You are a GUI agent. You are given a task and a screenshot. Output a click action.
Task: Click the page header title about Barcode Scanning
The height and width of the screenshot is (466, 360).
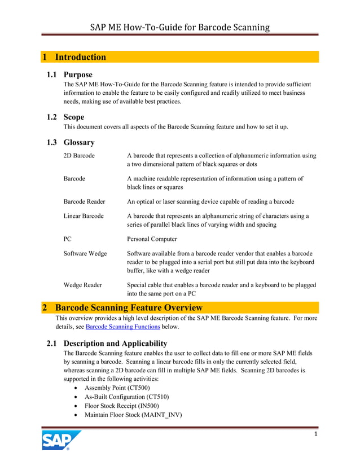pyautogui.click(x=180, y=27)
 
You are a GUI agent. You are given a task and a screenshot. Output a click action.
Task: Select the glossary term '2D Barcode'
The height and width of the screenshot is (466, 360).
pyautogui.click(x=79, y=155)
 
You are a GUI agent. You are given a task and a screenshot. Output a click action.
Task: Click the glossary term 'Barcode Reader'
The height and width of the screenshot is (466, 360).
pyautogui.click(x=84, y=201)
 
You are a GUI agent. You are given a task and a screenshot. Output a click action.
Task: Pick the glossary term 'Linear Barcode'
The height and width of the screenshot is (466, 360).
pyautogui.click(x=84, y=216)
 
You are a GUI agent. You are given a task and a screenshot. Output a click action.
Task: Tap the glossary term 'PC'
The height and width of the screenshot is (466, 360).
pyautogui.click(x=68, y=239)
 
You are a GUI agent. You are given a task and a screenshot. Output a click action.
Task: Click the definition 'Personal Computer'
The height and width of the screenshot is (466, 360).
pyautogui.click(x=152, y=239)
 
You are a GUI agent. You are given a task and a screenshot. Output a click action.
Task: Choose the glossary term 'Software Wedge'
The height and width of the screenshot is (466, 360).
pyautogui.click(x=85, y=253)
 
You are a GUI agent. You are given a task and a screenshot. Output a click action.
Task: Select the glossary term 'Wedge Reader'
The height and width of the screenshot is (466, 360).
pyautogui.click(x=82, y=285)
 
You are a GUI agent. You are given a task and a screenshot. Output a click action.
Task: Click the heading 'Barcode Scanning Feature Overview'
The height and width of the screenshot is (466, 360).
pyautogui.click(x=129, y=307)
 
